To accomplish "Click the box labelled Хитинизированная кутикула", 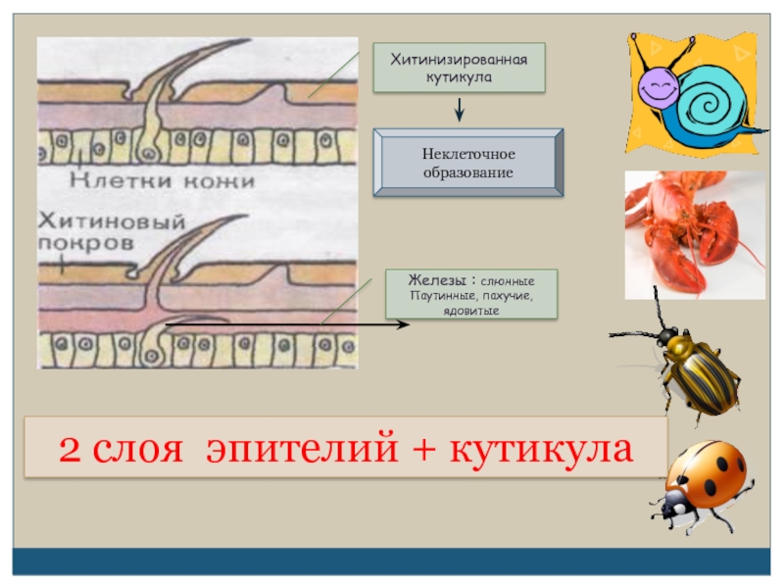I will [x=459, y=68].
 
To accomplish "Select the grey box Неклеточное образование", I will [x=467, y=164].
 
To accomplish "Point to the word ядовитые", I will [x=470, y=312].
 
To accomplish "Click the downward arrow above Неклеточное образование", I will [x=459, y=110].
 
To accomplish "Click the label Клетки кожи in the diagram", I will [x=162, y=180].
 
